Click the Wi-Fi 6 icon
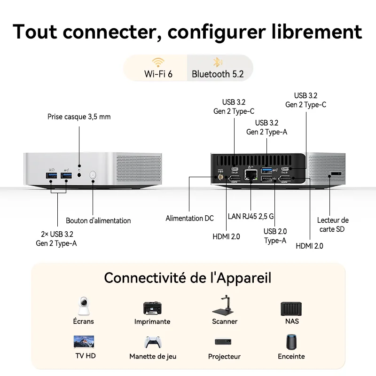[x=158, y=63]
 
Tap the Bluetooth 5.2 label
[x=217, y=74]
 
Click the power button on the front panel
[x=93, y=175]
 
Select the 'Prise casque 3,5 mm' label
[x=79, y=117]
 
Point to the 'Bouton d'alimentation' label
[x=98, y=220]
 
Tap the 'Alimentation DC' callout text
[x=189, y=218]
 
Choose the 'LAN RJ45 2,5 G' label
[x=251, y=217]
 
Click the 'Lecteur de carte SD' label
[x=333, y=224]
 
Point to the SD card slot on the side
[x=335, y=174]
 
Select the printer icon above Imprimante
[x=152, y=308]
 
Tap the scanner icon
[x=225, y=306]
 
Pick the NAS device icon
[x=291, y=308]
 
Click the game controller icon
[x=153, y=342]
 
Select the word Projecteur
[x=224, y=357]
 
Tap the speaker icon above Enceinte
[x=291, y=342]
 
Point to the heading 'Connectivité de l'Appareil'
[x=188, y=278]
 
